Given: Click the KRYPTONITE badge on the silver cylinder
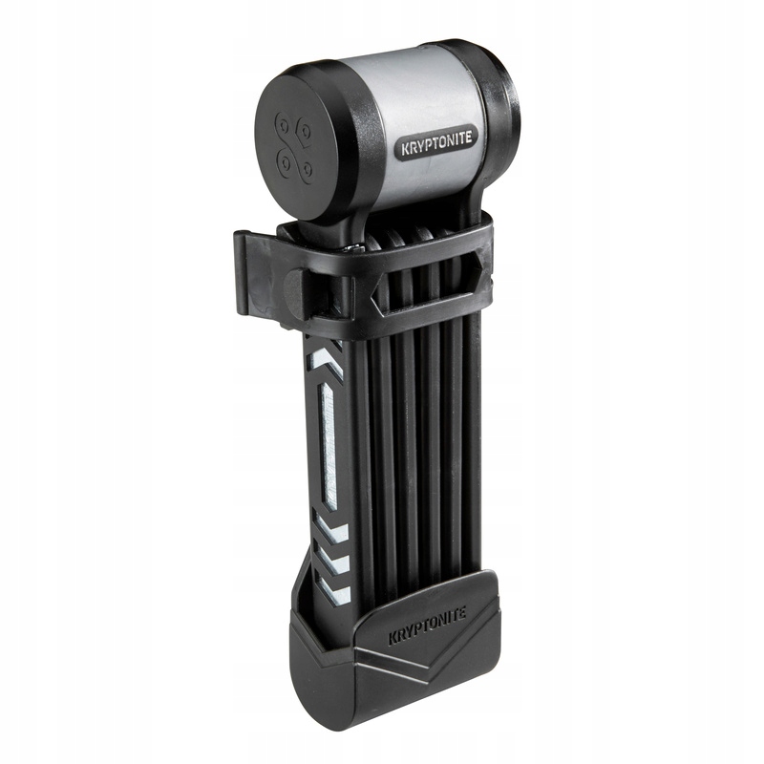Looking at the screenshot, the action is (x=436, y=144).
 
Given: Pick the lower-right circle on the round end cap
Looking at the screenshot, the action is (x=307, y=169).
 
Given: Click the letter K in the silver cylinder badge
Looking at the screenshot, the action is (x=405, y=150).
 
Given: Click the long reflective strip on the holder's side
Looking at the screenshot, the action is (x=328, y=442).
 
